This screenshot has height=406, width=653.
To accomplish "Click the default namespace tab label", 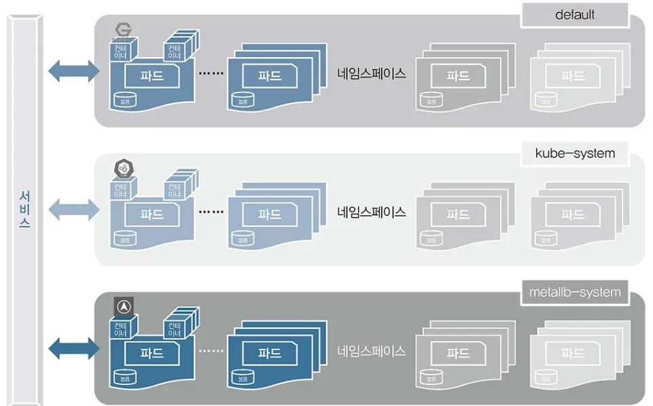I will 575,14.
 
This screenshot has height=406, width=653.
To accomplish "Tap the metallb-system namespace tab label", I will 575,292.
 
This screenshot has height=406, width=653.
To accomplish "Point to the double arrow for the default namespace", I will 73,71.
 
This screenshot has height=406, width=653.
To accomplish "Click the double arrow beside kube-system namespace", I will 73,209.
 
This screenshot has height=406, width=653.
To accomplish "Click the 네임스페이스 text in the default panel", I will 371,73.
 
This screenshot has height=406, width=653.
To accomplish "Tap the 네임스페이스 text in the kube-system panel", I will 371,212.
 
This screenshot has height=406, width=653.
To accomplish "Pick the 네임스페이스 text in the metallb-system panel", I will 371,351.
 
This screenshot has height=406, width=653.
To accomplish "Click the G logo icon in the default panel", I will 124,30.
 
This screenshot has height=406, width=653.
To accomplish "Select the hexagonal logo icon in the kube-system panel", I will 123,169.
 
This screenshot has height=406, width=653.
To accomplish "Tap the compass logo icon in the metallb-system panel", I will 123,307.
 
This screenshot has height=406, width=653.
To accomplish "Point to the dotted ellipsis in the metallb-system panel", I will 211,351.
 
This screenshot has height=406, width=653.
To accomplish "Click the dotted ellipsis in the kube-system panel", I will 211,212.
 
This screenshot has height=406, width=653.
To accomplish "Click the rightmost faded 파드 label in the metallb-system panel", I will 573,354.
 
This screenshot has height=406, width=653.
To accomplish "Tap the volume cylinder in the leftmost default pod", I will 124,99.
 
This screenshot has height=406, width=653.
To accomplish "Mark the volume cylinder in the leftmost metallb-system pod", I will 124,376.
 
